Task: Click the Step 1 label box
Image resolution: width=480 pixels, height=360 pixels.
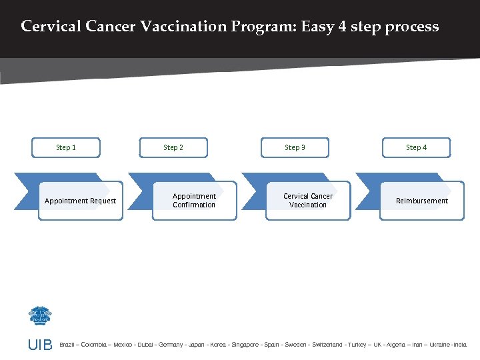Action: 66,147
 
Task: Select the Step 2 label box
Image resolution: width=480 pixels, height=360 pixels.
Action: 173,147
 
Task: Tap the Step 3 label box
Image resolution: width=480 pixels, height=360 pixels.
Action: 295,147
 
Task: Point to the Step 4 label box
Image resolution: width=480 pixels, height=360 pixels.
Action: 417,147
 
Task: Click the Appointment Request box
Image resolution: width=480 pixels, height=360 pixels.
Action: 80,201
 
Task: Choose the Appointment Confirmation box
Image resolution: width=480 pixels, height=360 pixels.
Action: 194,201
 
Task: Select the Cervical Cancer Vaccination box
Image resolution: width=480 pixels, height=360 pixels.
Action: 308,201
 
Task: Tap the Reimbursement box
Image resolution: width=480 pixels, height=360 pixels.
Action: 422,201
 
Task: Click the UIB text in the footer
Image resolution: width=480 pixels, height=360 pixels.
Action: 39,345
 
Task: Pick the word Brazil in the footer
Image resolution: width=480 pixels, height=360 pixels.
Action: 68,345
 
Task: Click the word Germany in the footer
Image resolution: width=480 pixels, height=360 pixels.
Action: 171,345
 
